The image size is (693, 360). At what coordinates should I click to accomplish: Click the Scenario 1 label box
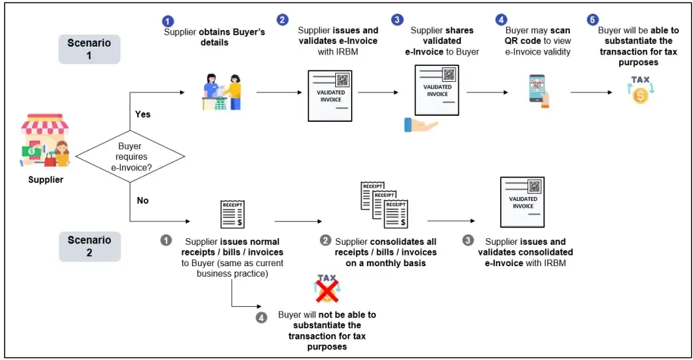click(x=89, y=49)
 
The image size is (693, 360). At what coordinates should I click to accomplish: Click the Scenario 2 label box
click(x=89, y=246)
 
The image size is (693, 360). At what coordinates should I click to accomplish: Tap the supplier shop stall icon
click(x=45, y=142)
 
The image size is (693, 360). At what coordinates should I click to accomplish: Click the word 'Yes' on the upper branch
click(x=142, y=114)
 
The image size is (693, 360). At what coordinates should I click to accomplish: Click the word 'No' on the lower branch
click(x=142, y=200)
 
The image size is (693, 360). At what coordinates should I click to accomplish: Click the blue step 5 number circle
click(x=593, y=19)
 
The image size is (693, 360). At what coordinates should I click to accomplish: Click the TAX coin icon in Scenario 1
click(x=640, y=89)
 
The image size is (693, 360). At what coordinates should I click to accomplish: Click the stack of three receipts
click(x=384, y=204)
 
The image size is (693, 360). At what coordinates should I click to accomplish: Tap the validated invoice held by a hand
click(x=436, y=92)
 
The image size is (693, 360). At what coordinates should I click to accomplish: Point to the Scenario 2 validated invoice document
click(x=522, y=202)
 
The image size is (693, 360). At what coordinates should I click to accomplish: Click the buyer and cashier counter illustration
click(x=222, y=92)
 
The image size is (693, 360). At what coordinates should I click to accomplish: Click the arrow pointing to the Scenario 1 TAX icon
click(x=592, y=92)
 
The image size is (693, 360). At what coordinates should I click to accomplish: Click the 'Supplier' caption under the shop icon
click(x=45, y=180)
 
